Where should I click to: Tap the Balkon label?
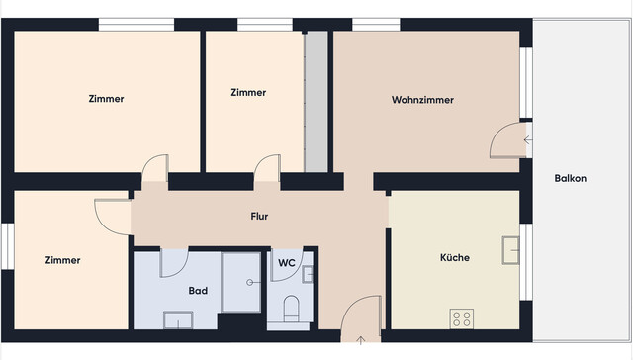click(571, 178)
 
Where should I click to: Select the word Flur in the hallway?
click(259, 215)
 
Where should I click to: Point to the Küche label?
click(455, 257)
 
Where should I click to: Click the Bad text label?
click(197, 291)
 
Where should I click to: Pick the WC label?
click(286, 263)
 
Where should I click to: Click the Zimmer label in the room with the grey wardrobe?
click(248, 92)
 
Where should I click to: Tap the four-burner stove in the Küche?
click(462, 318)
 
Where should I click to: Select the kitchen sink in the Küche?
click(511, 250)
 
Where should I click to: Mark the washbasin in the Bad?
click(178, 319)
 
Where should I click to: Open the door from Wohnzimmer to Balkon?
click(507, 140)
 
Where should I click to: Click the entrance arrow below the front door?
click(360, 342)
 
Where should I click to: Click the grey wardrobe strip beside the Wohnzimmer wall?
click(316, 100)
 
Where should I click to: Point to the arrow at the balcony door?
click(527, 140)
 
